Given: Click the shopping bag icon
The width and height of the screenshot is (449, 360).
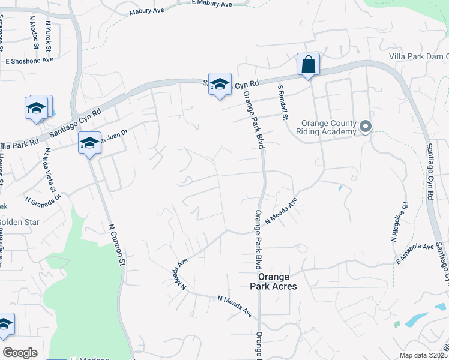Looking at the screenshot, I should (308, 64).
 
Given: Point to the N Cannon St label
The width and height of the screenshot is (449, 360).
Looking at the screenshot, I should (117, 245).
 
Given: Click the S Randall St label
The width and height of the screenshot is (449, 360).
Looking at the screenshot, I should (283, 101).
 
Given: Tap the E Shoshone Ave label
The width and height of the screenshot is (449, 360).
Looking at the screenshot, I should (29, 60).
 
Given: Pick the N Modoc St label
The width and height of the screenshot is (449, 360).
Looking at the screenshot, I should (34, 32).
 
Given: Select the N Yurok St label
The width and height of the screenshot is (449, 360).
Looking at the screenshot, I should (50, 34).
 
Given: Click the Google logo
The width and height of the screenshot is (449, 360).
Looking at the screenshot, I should (20, 353).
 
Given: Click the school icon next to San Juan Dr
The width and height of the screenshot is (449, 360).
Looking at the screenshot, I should (89, 143).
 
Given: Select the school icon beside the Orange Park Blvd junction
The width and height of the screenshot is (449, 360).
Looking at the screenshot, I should (220, 84).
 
